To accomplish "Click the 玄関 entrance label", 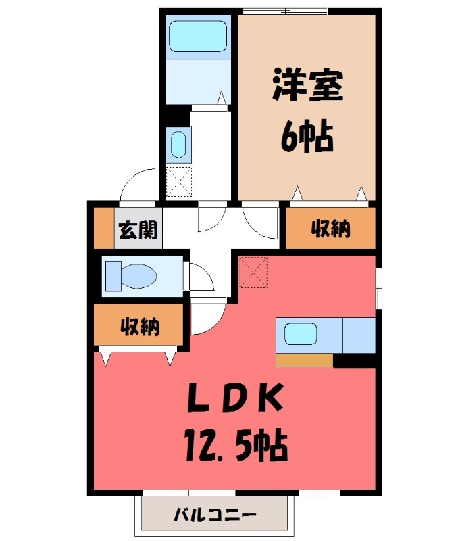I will [138, 231].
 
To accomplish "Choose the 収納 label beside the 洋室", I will [330, 229].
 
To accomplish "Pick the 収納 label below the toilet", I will [140, 327].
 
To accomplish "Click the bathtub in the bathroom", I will [197, 36].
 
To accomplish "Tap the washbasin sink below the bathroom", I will [178, 143].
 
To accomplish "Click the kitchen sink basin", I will [301, 334].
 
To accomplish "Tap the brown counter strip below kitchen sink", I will [304, 360].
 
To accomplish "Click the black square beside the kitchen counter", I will [353, 360].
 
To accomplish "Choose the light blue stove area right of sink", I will [358, 335].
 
